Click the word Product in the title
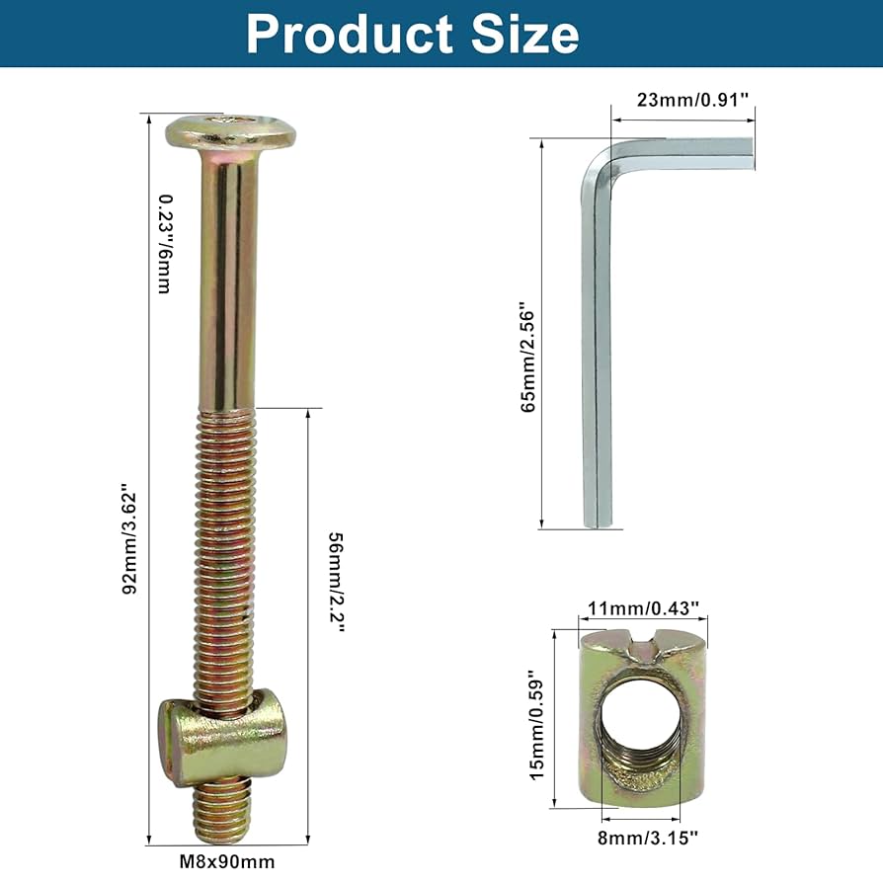350,34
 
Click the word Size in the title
524,34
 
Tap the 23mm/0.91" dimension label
692,100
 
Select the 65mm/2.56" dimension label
527,361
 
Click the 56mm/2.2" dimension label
336,582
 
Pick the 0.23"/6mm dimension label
164,244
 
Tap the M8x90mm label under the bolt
227,861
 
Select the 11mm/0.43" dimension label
644,608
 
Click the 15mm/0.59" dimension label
537,725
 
